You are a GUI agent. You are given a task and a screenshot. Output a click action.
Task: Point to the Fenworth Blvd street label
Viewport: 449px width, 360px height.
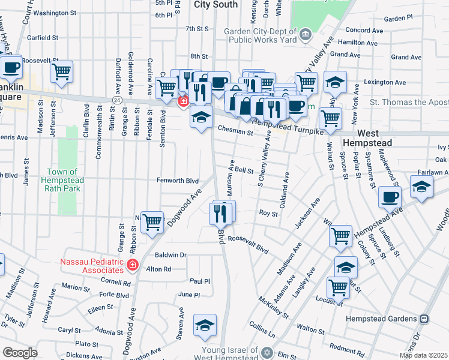coord(177,180)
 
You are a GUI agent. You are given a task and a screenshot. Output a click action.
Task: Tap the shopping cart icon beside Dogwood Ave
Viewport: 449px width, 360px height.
coord(152,222)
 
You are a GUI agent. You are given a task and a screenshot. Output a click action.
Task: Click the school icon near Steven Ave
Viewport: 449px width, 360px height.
coord(205,325)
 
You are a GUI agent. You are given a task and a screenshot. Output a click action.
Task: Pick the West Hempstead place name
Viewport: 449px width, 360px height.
coord(367,138)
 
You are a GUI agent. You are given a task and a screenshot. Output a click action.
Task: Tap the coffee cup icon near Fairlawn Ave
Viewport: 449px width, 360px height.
coord(390,196)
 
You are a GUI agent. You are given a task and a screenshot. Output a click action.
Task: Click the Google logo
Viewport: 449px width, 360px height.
coord(20,353)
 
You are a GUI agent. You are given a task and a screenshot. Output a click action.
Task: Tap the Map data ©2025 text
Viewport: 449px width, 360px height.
coord(423,355)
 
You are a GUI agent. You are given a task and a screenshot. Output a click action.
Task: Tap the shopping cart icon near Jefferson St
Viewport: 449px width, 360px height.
coord(62,71)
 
